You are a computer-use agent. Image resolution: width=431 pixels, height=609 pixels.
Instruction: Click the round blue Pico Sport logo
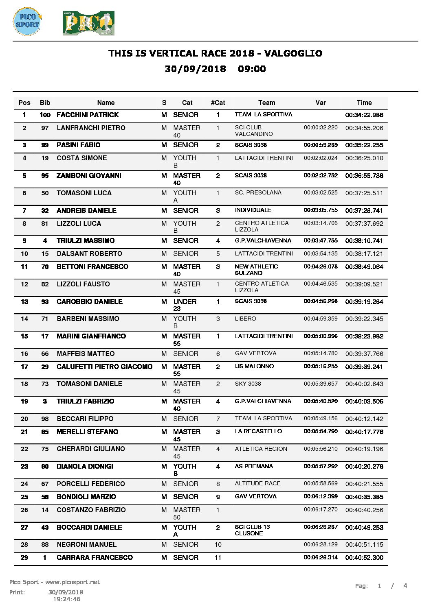(x=27, y=21)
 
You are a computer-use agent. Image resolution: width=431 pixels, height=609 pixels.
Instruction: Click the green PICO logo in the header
(x=88, y=23)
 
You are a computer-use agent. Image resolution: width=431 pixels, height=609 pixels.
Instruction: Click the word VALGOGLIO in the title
(x=293, y=53)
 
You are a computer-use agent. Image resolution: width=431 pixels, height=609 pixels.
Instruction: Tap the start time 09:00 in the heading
(x=252, y=69)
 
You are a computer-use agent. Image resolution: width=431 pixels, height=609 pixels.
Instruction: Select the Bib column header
(x=45, y=103)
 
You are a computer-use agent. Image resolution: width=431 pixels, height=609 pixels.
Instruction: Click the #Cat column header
(x=218, y=103)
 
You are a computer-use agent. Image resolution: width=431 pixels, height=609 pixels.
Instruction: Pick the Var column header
(x=321, y=103)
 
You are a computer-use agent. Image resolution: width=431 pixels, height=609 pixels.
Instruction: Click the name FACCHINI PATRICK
(x=88, y=115)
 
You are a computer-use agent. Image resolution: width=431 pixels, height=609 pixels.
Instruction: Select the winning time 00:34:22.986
(x=364, y=115)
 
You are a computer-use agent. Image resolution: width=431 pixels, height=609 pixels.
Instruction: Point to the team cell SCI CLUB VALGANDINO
(x=254, y=131)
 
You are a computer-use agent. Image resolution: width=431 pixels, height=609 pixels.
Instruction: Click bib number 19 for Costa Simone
(x=45, y=158)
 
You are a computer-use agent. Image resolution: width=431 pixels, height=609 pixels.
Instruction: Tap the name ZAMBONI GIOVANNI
(x=89, y=176)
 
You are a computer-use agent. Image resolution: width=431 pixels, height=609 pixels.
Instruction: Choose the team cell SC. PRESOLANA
(x=258, y=193)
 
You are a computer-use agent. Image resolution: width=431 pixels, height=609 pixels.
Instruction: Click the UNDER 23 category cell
(x=185, y=305)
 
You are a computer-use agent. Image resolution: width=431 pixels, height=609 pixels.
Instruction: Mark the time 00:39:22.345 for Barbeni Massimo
(x=364, y=319)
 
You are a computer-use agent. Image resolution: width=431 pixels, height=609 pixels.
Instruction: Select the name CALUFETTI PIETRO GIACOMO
(x=104, y=367)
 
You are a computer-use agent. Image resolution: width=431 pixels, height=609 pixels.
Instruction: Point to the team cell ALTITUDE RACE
(x=257, y=484)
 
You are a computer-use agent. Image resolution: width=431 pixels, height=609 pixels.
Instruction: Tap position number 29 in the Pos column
(x=24, y=558)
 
